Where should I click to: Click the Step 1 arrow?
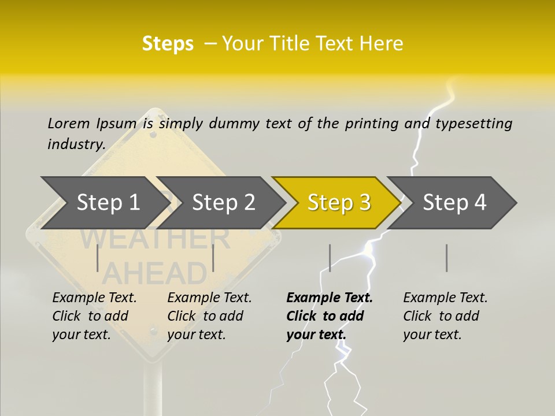[108, 203]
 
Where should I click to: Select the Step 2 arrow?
[223, 203]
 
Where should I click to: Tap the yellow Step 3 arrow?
[339, 203]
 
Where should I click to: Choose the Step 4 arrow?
[454, 203]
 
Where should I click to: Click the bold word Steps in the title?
[168, 43]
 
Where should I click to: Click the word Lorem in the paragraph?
[68, 123]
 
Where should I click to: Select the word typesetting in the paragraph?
[473, 124]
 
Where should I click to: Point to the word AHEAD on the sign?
[154, 273]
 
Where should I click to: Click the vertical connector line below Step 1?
[98, 258]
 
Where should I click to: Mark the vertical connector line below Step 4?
[446, 258]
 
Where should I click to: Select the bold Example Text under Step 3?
[330, 298]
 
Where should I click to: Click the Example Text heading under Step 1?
[94, 298]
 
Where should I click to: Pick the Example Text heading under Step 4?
[445, 298]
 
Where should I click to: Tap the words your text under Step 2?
[196, 335]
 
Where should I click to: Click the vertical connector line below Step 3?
[330, 258]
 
